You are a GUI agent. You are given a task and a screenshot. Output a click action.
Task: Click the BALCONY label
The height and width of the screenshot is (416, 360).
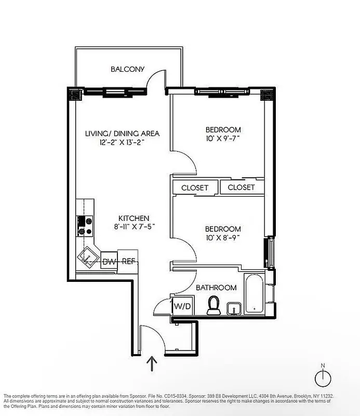coord(127,69)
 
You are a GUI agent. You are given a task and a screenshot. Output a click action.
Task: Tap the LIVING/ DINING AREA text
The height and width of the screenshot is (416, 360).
coord(122,134)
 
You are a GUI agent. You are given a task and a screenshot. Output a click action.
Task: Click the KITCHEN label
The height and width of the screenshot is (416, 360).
coord(134,218)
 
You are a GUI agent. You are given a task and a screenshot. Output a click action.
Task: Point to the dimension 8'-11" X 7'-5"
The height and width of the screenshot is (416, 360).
coord(134,227)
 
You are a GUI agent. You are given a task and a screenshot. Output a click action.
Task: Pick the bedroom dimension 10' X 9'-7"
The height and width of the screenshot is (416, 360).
coord(223,139)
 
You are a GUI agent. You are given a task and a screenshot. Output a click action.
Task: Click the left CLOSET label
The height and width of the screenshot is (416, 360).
coord(195,188)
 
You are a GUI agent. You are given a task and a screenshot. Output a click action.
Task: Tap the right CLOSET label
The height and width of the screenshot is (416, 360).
coord(241,188)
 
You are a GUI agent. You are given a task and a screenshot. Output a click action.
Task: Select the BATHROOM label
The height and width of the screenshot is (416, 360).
coord(216,288)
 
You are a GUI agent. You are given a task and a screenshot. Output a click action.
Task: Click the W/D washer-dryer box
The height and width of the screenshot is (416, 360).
coord(182,306)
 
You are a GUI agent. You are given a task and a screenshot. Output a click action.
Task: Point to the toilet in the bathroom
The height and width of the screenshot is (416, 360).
coord(213,305)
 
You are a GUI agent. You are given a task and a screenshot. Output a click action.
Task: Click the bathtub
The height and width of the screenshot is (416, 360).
coord(254,294)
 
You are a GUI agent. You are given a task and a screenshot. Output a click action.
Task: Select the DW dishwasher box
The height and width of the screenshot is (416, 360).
coord(109,261)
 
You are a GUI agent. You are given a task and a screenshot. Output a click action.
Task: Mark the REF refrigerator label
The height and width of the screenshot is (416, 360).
coord(128,261)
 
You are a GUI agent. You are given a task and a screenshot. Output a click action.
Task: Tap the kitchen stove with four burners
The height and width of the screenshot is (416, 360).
coord(85,225)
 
